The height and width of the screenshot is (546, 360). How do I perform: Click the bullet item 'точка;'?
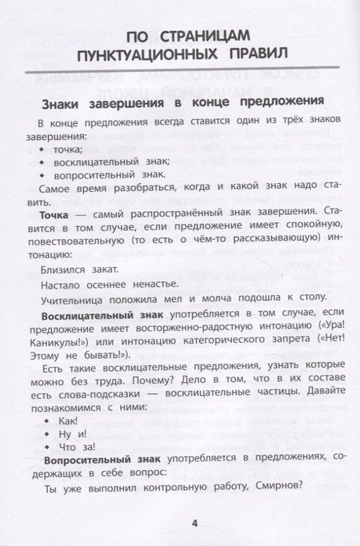70,149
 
